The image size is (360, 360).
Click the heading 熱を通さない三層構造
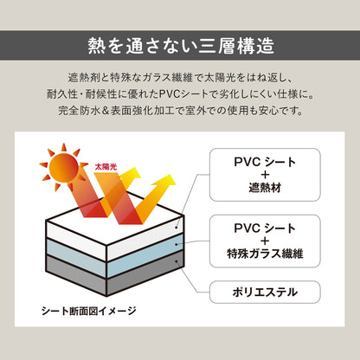pos(181,46)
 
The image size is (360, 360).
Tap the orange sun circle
pos(64,168)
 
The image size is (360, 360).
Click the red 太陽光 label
pos(106,167)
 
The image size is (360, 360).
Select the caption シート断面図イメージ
pos(89,311)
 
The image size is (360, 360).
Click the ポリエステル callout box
pos(265,292)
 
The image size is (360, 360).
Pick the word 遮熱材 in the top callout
pos(265,188)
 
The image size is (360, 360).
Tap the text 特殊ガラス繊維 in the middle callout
pos(265,254)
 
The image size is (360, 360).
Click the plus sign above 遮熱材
pos(265,175)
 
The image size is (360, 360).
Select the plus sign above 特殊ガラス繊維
pos(265,241)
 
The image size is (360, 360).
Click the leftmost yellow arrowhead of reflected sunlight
pos(131,174)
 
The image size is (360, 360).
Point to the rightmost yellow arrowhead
pos(165,181)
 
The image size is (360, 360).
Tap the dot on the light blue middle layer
pos(177,245)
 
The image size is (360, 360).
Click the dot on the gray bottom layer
pos(177,261)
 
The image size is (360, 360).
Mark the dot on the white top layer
pos(177,228)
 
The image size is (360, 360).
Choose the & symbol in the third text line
pos(106,111)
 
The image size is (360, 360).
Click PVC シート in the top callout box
pos(265,162)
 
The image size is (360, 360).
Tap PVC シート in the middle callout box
pos(265,228)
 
